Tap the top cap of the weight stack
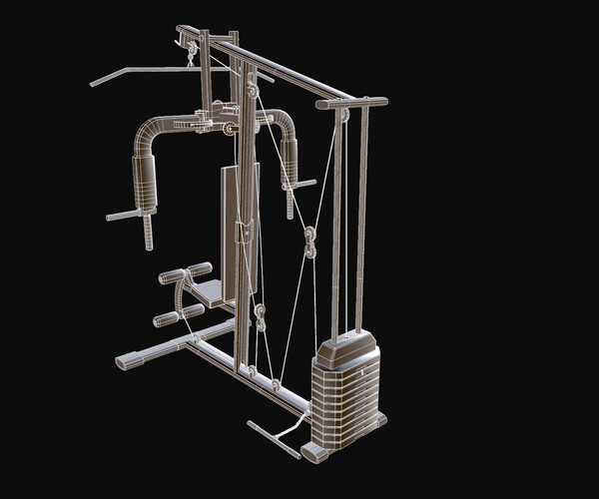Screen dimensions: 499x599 pyautogui.click(x=347, y=349)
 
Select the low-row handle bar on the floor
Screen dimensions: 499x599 pyautogui.click(x=273, y=439)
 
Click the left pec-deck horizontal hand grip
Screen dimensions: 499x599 pyautogui.click(x=126, y=215)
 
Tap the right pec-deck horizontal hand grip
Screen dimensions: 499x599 pyautogui.click(x=299, y=185)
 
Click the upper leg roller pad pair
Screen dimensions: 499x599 pyautogui.click(x=186, y=273)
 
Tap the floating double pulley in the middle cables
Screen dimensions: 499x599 pyautogui.click(x=309, y=241)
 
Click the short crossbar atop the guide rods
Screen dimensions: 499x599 pyautogui.click(x=351, y=102)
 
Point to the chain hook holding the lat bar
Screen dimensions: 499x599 pyautogui.click(x=190, y=59)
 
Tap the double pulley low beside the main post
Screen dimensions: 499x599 pyautogui.click(x=261, y=317)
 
